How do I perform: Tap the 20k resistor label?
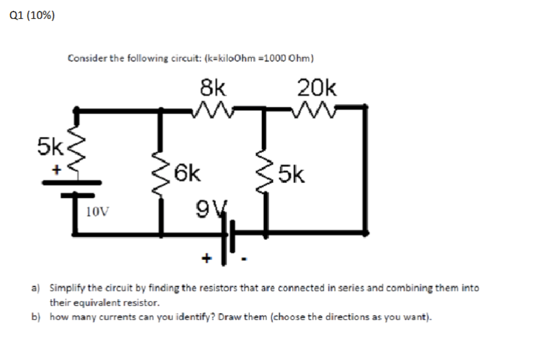(x=317, y=88)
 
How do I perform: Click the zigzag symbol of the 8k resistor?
(x=213, y=107)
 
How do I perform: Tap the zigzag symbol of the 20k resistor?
(x=316, y=107)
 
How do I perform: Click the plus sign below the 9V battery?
(x=207, y=256)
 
